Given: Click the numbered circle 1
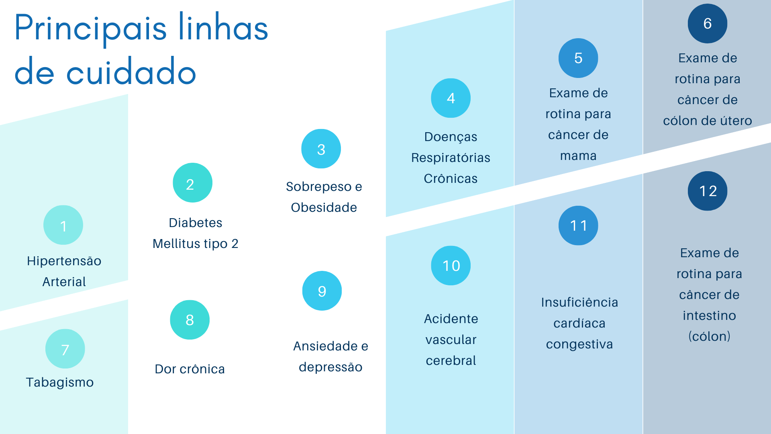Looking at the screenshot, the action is (x=63, y=225).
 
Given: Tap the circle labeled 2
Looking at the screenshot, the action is (x=193, y=183).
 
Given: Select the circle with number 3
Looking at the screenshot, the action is (x=321, y=149).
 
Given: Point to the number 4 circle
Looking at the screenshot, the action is (x=451, y=98).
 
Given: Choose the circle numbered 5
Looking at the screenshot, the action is (x=578, y=58).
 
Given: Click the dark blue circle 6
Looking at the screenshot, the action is (x=708, y=23).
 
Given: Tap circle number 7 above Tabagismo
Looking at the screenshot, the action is (x=65, y=349).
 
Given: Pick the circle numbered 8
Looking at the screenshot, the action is (x=190, y=320).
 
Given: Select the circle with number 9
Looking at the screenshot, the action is (x=322, y=291).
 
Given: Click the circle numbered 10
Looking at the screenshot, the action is (x=451, y=266).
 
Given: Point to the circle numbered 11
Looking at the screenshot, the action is (x=578, y=225).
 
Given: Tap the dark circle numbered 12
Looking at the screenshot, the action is (x=708, y=191).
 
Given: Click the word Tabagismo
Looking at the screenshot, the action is (x=60, y=383).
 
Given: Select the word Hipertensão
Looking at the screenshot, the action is (x=64, y=261).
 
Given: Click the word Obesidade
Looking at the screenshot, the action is (x=324, y=207).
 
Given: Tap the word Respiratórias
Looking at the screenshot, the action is (x=451, y=158).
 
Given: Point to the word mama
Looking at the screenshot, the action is (x=578, y=156).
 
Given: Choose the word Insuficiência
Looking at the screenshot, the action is (x=579, y=302).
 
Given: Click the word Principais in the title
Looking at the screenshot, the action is (x=91, y=28).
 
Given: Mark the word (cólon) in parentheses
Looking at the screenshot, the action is (x=709, y=336).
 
